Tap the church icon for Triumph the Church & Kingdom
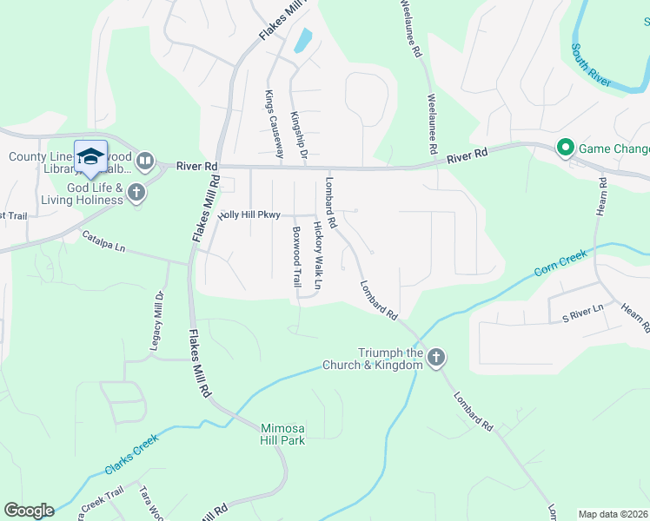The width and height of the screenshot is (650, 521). (x=436, y=358)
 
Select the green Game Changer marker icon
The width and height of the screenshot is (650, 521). (x=566, y=148)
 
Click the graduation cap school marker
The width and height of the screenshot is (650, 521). (x=90, y=156)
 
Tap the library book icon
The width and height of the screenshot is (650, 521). (x=145, y=161)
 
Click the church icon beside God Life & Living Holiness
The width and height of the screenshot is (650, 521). (x=136, y=192)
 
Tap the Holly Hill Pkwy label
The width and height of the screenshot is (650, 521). (x=249, y=214)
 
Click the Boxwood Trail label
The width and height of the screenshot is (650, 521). (x=296, y=257)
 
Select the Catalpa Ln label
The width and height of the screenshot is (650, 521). (x=104, y=241)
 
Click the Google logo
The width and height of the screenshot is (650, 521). (x=29, y=511)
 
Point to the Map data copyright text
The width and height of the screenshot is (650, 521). (x=613, y=514)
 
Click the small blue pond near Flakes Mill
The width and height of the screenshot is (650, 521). (x=302, y=40)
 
